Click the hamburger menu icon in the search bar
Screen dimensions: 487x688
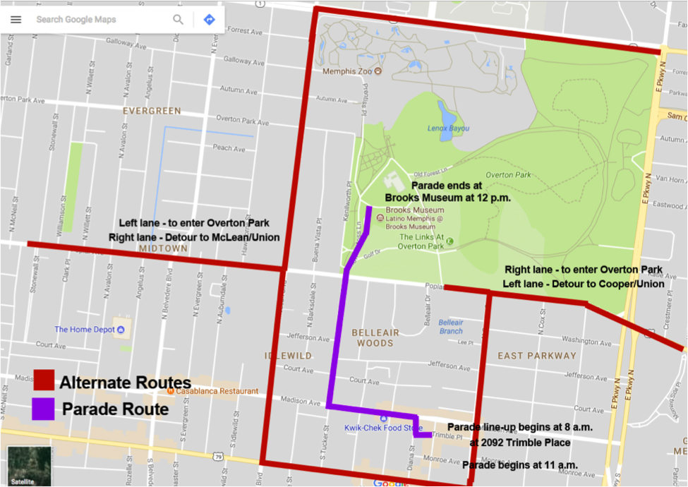[x=16, y=20]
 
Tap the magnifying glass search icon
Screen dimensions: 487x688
[x=179, y=20]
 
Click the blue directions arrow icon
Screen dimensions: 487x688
[x=209, y=20]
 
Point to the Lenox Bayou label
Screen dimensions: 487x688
[x=448, y=128]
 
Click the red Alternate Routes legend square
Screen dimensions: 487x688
[x=44, y=380]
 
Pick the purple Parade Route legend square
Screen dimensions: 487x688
[x=44, y=409]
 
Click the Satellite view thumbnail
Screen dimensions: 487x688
[x=29, y=465]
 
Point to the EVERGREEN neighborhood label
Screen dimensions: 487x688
[x=152, y=111]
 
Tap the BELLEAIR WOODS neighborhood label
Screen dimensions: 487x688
[x=375, y=337]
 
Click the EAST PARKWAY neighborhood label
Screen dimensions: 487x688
[x=537, y=356]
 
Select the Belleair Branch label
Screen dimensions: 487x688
[x=451, y=327]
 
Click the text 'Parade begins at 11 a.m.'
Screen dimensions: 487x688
[x=519, y=465]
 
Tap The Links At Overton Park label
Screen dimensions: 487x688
[x=421, y=241]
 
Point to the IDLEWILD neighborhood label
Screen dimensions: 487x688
[x=288, y=356]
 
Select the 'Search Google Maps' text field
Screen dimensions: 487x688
[x=99, y=20]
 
